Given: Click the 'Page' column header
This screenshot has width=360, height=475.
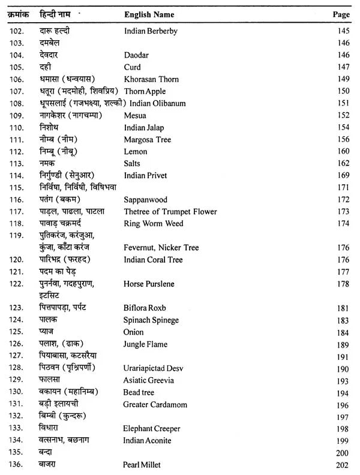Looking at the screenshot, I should tap(340, 13).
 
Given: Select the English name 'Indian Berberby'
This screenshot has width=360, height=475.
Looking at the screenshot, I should tap(151, 31).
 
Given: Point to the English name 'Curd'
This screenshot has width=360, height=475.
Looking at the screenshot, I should tap(132, 67).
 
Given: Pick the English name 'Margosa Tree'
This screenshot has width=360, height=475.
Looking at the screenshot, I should tap(147, 139).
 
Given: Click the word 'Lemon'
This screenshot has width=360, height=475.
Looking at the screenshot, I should tap(135, 151).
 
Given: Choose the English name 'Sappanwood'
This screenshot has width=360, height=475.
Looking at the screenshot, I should tap(145, 199).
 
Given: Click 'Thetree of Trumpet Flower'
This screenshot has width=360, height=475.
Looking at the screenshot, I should tap(170, 211).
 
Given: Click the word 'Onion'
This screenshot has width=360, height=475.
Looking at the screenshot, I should tap(133, 332).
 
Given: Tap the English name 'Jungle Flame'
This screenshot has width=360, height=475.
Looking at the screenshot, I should tap(145, 344).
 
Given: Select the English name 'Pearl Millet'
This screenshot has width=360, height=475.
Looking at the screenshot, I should tap(143, 465).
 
